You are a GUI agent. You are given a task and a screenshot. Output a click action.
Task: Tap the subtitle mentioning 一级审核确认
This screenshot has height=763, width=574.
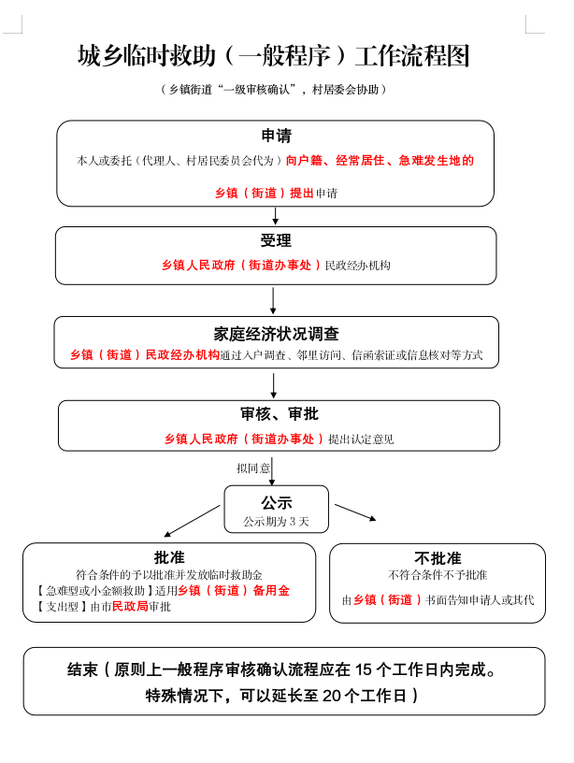click(x=273, y=89)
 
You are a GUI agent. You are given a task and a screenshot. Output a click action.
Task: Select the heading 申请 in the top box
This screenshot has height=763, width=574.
click(x=275, y=137)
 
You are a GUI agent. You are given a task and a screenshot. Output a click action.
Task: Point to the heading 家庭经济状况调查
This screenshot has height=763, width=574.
click(x=276, y=333)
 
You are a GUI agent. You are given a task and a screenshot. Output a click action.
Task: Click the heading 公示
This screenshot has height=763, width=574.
click(x=276, y=502)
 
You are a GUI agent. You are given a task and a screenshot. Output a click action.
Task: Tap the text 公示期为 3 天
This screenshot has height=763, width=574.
click(x=276, y=521)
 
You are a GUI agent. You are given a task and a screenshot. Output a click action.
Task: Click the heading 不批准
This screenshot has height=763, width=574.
click(x=438, y=557)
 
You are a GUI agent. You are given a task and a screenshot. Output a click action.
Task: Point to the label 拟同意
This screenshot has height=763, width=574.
click(x=253, y=468)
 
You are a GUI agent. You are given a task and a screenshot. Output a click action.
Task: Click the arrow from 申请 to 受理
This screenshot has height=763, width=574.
click(x=275, y=216)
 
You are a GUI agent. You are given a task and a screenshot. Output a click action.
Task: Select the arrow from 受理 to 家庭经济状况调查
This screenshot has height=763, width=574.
click(x=273, y=300)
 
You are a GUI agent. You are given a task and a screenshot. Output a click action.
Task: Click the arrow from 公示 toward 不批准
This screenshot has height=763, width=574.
click(x=356, y=511)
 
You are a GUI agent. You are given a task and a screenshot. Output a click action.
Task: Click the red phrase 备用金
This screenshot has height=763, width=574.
click(x=271, y=591)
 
